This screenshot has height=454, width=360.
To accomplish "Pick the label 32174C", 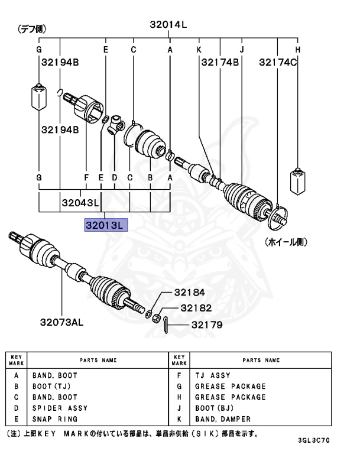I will (x=277, y=61).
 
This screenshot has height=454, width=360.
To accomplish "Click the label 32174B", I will (x=219, y=61).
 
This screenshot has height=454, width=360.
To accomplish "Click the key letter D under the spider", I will (x=115, y=177).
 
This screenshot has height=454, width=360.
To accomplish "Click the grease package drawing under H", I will (x=298, y=181).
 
